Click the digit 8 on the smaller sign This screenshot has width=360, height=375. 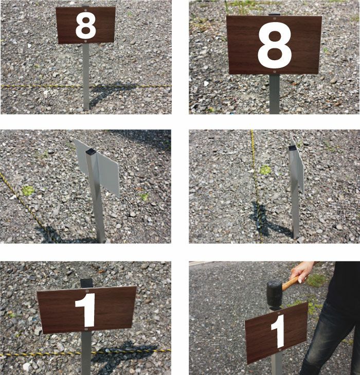[85, 25]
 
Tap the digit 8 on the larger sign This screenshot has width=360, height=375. [275, 45]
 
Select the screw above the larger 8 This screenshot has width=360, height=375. [274, 17]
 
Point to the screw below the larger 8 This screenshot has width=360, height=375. [275, 72]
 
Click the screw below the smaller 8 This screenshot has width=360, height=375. [85, 41]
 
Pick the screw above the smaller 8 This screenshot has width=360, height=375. [85, 10]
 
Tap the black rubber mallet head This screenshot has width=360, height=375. [275, 294]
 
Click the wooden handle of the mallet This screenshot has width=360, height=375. [291, 283]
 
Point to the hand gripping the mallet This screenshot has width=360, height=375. [301, 272]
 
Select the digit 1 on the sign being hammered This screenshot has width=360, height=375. [279, 331]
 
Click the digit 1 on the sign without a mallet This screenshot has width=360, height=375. [85, 310]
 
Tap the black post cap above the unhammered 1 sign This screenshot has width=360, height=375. [86, 283]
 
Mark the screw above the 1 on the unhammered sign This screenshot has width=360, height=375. [87, 291]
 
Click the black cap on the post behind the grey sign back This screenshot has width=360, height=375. [91, 151]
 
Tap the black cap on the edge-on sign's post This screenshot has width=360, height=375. [292, 148]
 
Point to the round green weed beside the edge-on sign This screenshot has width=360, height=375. [265, 170]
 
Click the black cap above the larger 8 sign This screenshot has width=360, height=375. [274, 14]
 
